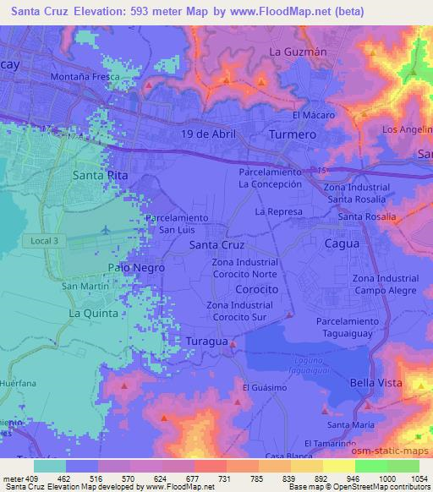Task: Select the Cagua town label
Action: click(x=343, y=243)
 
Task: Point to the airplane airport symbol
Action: click(x=105, y=230)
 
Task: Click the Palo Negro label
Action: click(x=136, y=267)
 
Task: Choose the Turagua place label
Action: click(x=206, y=341)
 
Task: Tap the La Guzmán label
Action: click(x=298, y=52)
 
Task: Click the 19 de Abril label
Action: click(x=207, y=134)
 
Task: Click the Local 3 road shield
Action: click(x=44, y=241)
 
